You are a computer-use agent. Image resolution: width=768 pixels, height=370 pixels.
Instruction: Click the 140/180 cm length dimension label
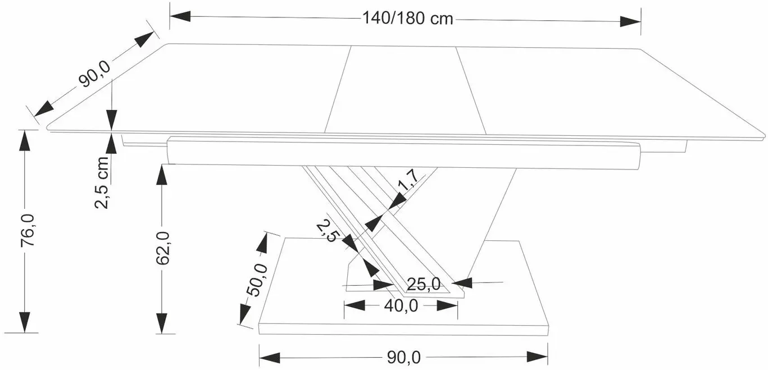click(x=408, y=18)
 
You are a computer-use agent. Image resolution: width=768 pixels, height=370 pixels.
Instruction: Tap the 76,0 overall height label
click(x=28, y=230)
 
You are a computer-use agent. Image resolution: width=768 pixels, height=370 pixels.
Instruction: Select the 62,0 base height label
click(x=163, y=248)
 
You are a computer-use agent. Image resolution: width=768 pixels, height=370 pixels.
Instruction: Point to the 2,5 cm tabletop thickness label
click(x=102, y=182)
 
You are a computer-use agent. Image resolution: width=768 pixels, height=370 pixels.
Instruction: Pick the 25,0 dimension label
click(x=424, y=284)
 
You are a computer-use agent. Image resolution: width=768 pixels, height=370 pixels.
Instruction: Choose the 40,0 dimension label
click(x=401, y=305)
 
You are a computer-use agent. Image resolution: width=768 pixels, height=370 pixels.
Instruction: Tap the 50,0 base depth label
click(x=257, y=280)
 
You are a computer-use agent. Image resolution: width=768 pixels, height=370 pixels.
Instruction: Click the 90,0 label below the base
click(x=404, y=357)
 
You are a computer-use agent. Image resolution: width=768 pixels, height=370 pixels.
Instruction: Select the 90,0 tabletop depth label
click(x=94, y=74)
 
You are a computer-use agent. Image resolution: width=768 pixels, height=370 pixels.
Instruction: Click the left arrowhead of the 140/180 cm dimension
click(x=180, y=16)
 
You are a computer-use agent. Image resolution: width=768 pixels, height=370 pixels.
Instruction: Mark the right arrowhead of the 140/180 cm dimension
click(x=630, y=21)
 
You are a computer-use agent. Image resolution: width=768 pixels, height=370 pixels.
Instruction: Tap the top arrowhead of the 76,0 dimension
click(x=25, y=140)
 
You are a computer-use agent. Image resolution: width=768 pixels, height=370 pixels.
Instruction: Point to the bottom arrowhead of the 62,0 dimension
click(x=162, y=323)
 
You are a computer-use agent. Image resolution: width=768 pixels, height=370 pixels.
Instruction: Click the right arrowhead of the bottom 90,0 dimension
click(x=537, y=357)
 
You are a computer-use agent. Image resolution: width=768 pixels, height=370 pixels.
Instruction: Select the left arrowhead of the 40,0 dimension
click(x=355, y=305)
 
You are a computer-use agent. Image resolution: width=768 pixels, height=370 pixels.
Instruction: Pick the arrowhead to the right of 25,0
click(x=462, y=283)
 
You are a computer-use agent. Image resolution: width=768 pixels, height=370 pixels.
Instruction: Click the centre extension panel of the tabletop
click(x=405, y=90)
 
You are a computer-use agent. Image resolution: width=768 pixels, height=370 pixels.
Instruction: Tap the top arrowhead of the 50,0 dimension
click(x=263, y=243)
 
